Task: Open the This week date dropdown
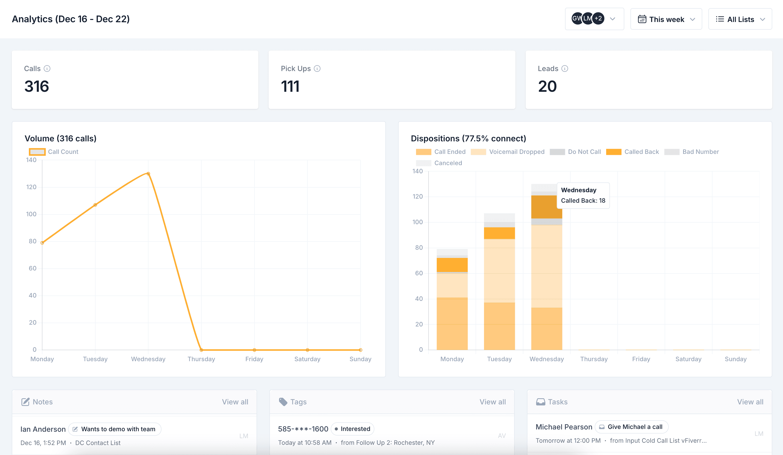666,19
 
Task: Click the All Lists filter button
740,19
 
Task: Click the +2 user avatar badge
598,19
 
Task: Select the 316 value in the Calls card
37,86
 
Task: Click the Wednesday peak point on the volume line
148,174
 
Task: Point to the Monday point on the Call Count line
42,243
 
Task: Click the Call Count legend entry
54,152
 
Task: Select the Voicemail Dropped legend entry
508,152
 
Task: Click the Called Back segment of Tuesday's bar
499,233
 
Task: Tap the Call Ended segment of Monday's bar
452,323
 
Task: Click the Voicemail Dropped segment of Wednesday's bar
546,266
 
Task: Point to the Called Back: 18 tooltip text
583,200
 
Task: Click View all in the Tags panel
492,402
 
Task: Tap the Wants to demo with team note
115,429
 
